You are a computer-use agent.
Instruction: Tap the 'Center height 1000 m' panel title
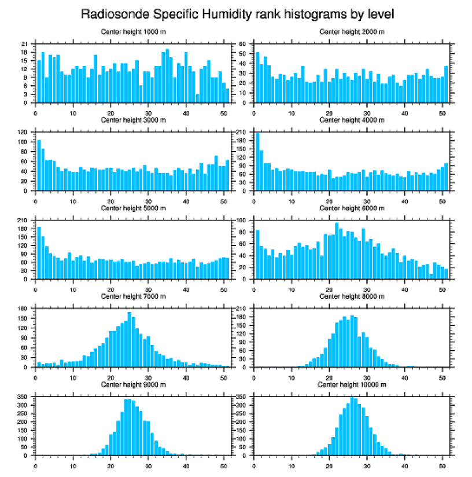coord(133,32)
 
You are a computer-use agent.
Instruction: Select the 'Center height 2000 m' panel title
coord(352,32)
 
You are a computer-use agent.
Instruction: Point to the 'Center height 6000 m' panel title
coord(352,208)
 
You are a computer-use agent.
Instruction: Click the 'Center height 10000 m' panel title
coord(352,385)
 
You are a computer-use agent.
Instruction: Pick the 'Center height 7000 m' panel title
coord(133,296)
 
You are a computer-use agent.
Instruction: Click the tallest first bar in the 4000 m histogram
coord(257,162)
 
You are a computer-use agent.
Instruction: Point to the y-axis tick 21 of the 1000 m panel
coord(24,44)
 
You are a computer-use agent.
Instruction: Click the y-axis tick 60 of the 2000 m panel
coord(243,44)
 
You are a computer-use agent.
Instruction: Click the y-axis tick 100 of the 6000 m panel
coord(242,221)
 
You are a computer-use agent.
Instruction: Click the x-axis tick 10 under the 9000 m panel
coord(73,465)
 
